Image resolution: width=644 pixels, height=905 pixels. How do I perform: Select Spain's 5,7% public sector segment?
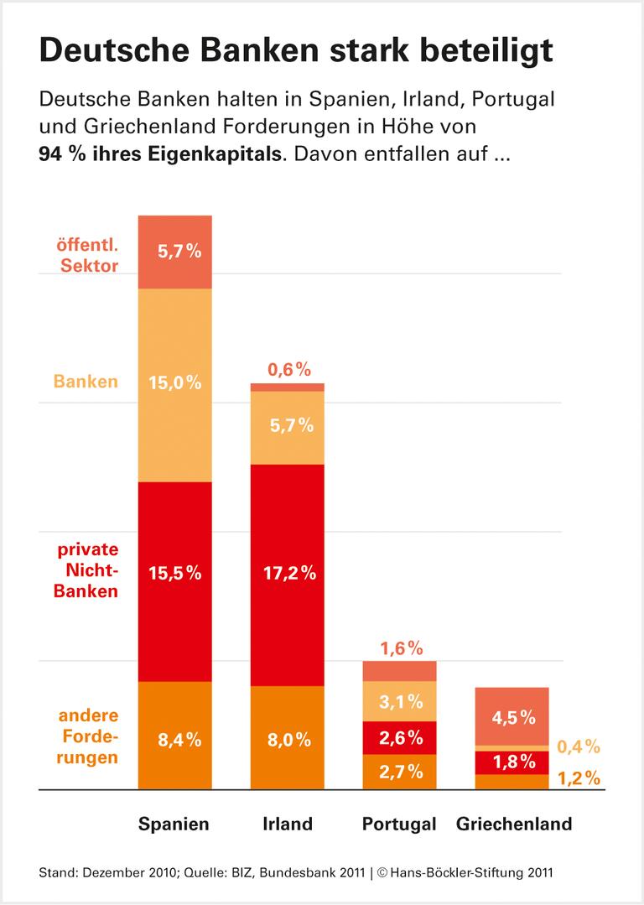(x=174, y=252)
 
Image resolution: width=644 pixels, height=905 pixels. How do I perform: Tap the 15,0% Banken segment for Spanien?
(x=174, y=383)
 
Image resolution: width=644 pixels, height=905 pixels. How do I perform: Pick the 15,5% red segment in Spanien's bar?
(x=174, y=575)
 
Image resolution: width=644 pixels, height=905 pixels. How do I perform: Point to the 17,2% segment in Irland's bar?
(x=287, y=575)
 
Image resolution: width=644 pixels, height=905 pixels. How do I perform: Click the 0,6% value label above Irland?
(x=290, y=368)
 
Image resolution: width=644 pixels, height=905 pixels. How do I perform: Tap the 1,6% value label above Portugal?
(x=402, y=648)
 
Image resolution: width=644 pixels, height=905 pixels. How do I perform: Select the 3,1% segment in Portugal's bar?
(x=399, y=701)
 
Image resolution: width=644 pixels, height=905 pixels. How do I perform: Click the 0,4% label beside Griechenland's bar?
(x=579, y=746)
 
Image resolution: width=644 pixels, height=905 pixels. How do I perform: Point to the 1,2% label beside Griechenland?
(x=579, y=778)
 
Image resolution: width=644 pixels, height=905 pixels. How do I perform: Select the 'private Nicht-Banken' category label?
(x=88, y=570)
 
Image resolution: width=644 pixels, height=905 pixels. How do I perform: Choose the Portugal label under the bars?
(x=399, y=824)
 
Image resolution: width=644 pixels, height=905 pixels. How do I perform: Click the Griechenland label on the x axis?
(x=514, y=824)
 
